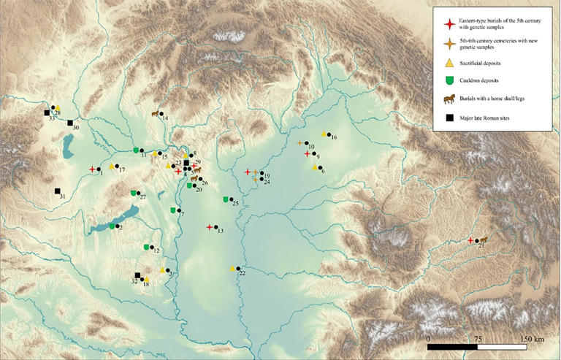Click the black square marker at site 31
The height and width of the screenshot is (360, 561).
point(57,192)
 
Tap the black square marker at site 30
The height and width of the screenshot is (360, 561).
point(70,123)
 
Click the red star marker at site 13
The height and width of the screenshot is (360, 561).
point(210,227)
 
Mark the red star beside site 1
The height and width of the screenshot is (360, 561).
point(92,169)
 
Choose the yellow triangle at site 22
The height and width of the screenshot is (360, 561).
point(232,269)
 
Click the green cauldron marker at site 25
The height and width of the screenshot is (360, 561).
point(226,199)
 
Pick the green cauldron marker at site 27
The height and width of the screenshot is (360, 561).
point(133,193)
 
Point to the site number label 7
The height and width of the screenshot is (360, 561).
point(182,215)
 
